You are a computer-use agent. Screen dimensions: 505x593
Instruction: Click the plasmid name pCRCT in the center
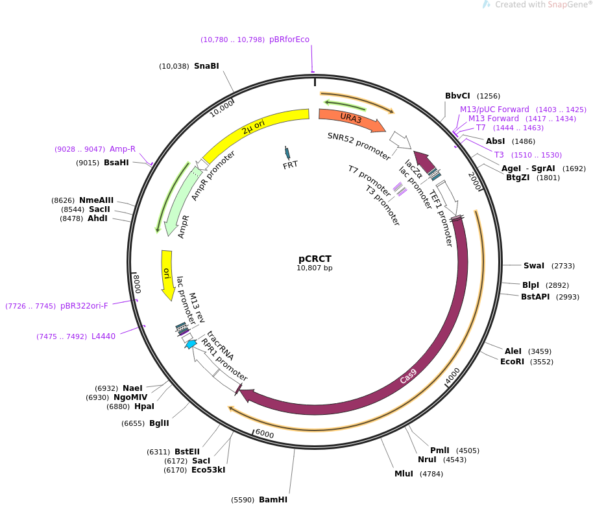[315, 258]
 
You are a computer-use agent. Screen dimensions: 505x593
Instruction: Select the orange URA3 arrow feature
[351, 118]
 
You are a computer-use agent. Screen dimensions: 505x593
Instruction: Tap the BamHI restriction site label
[272, 499]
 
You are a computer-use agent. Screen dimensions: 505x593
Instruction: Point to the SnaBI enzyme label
[206, 66]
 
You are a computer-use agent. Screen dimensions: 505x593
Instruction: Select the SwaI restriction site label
[534, 266]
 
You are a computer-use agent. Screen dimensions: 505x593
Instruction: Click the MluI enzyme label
[404, 474]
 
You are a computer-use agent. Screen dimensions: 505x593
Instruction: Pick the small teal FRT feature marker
[287, 153]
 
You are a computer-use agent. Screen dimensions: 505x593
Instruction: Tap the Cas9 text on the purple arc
[408, 377]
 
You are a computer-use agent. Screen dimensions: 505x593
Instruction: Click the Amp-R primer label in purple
[123, 149]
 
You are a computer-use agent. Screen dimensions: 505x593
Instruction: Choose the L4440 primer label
[103, 336]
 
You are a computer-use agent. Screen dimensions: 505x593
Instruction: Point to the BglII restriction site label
[159, 423]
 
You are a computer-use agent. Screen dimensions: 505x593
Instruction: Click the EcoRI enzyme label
[512, 362]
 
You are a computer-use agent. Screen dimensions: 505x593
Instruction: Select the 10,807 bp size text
[315, 268]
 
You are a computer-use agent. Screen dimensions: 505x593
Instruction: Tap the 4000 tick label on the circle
[452, 375]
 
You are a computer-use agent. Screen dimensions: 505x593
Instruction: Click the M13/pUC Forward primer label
[494, 110]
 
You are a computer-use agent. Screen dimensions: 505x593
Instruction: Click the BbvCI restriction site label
[457, 96]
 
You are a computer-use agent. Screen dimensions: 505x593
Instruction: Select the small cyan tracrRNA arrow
[191, 344]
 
